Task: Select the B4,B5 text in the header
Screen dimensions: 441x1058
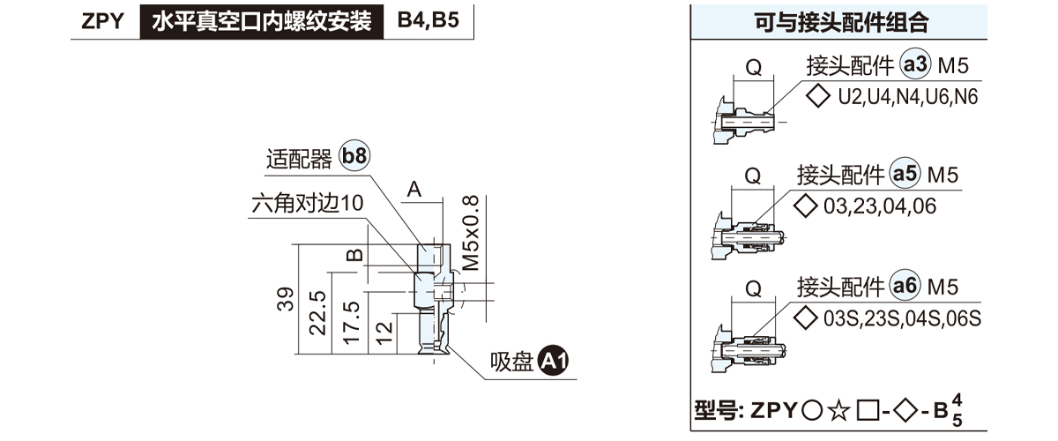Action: tap(428, 22)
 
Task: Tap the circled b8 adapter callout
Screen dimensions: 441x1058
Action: tap(354, 158)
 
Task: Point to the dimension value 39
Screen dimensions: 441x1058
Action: tap(286, 300)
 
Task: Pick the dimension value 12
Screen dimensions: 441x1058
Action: tap(382, 333)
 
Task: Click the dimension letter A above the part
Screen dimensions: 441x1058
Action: tap(414, 188)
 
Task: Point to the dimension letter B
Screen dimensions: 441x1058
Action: tap(354, 255)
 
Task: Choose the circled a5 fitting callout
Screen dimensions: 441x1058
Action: tap(905, 176)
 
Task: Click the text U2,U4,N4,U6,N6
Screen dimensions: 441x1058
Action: tap(908, 97)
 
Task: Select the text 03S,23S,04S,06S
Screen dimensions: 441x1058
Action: tap(902, 318)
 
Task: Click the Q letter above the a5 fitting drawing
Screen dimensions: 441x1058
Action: tap(753, 176)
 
